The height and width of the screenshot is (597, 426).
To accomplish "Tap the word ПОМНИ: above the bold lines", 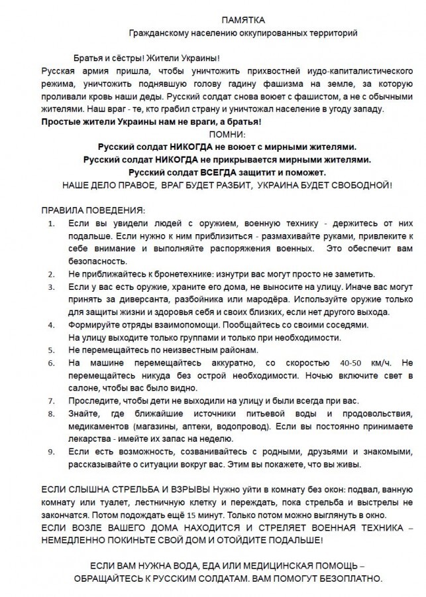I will tap(227, 134).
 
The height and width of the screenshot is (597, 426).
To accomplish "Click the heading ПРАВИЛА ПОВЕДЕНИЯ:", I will tap(92, 210).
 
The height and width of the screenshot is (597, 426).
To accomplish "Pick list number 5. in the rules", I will tap(52, 350).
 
